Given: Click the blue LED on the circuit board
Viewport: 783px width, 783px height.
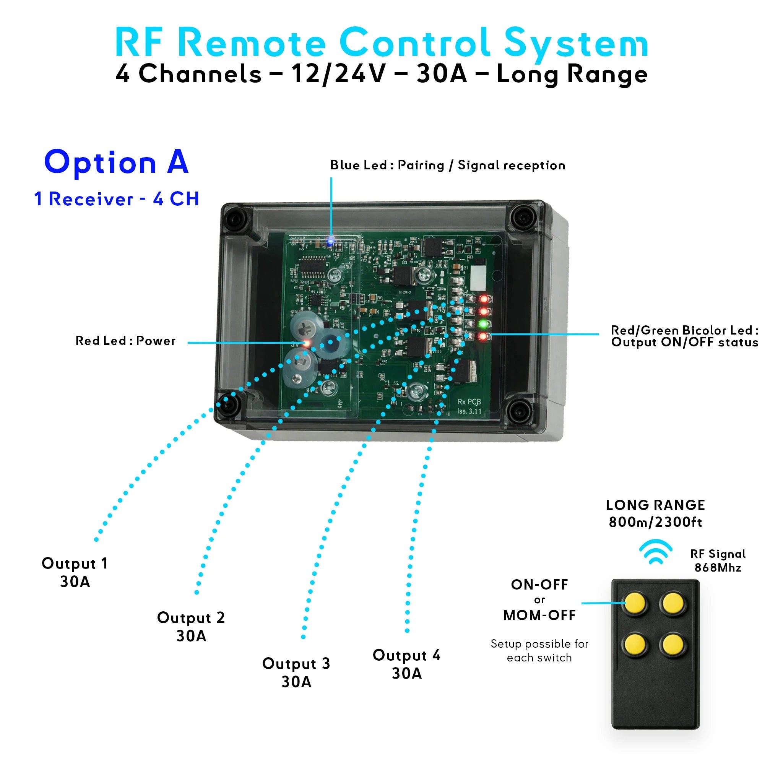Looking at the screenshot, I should tap(330, 242).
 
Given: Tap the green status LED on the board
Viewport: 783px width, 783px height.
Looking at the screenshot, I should tap(484, 324).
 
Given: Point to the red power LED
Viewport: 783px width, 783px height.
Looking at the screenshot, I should tap(306, 344).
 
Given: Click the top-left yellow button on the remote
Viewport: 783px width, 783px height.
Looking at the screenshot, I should tap(635, 603).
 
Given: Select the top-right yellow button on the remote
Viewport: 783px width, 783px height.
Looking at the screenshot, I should tap(673, 603).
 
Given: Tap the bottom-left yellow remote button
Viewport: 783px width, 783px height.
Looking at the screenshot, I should tap(635, 644).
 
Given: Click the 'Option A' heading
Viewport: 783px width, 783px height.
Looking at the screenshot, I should tap(116, 162).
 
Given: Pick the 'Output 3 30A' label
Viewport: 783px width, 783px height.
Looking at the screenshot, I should tap(296, 673).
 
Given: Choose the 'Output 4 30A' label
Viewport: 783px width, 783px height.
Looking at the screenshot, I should tap(406, 664).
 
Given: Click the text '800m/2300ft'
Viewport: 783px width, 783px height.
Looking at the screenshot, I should tap(655, 522).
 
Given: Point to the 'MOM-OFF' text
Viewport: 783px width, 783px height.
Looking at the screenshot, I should tap(539, 615).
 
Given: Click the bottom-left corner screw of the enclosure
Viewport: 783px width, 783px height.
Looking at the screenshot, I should tap(230, 404).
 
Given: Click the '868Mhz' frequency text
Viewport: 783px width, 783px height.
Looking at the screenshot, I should tap(718, 568).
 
